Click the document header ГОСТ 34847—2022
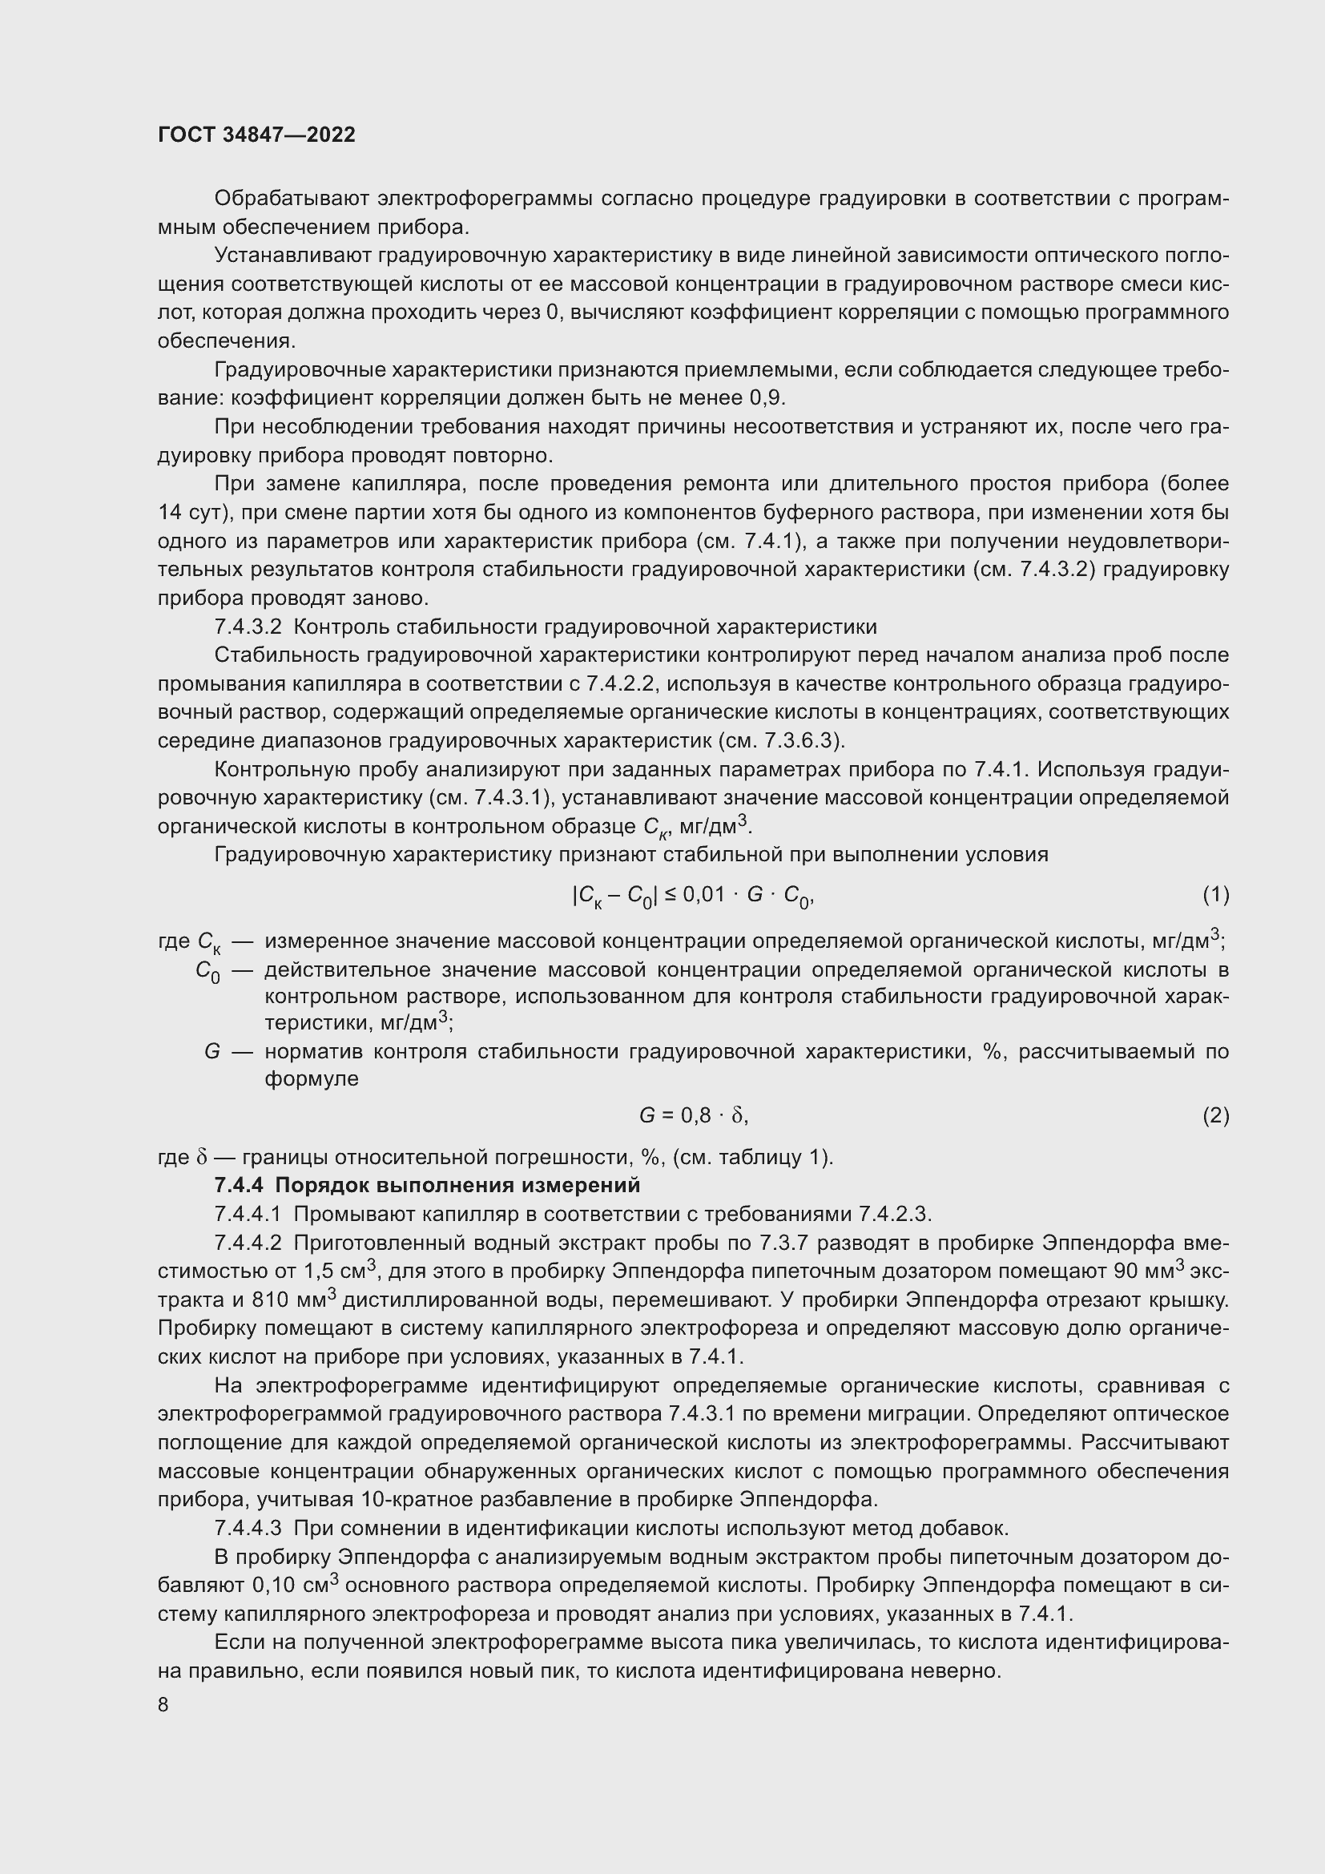click(x=256, y=135)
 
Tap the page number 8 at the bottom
click(x=163, y=1705)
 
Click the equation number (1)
click(x=1215, y=896)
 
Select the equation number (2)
click(x=1215, y=1115)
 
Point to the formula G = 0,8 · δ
click(x=693, y=1115)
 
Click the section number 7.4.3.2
click(x=248, y=627)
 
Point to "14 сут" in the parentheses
click(x=190, y=513)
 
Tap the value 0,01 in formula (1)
click(x=704, y=895)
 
